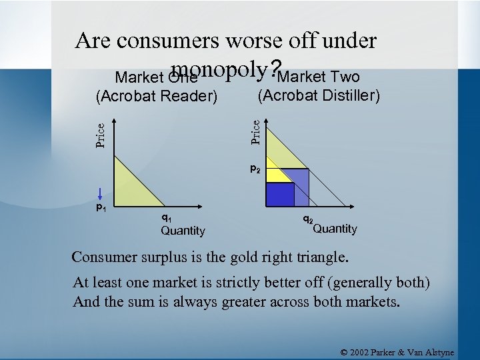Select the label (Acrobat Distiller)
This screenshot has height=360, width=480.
pyautogui.click(x=319, y=96)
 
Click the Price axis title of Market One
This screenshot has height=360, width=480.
pyautogui.click(x=99, y=135)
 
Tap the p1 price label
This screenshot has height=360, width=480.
pyautogui.click(x=101, y=209)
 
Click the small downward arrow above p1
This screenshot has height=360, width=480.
pyautogui.click(x=99, y=195)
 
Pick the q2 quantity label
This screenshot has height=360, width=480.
pyautogui.click(x=308, y=219)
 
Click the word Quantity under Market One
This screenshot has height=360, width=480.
pyautogui.click(x=183, y=231)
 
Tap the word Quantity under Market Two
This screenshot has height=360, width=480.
pyautogui.click(x=335, y=229)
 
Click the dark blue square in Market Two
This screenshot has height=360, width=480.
pyautogui.click(x=280, y=193)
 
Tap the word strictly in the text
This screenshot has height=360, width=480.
pyautogui.click(x=239, y=283)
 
